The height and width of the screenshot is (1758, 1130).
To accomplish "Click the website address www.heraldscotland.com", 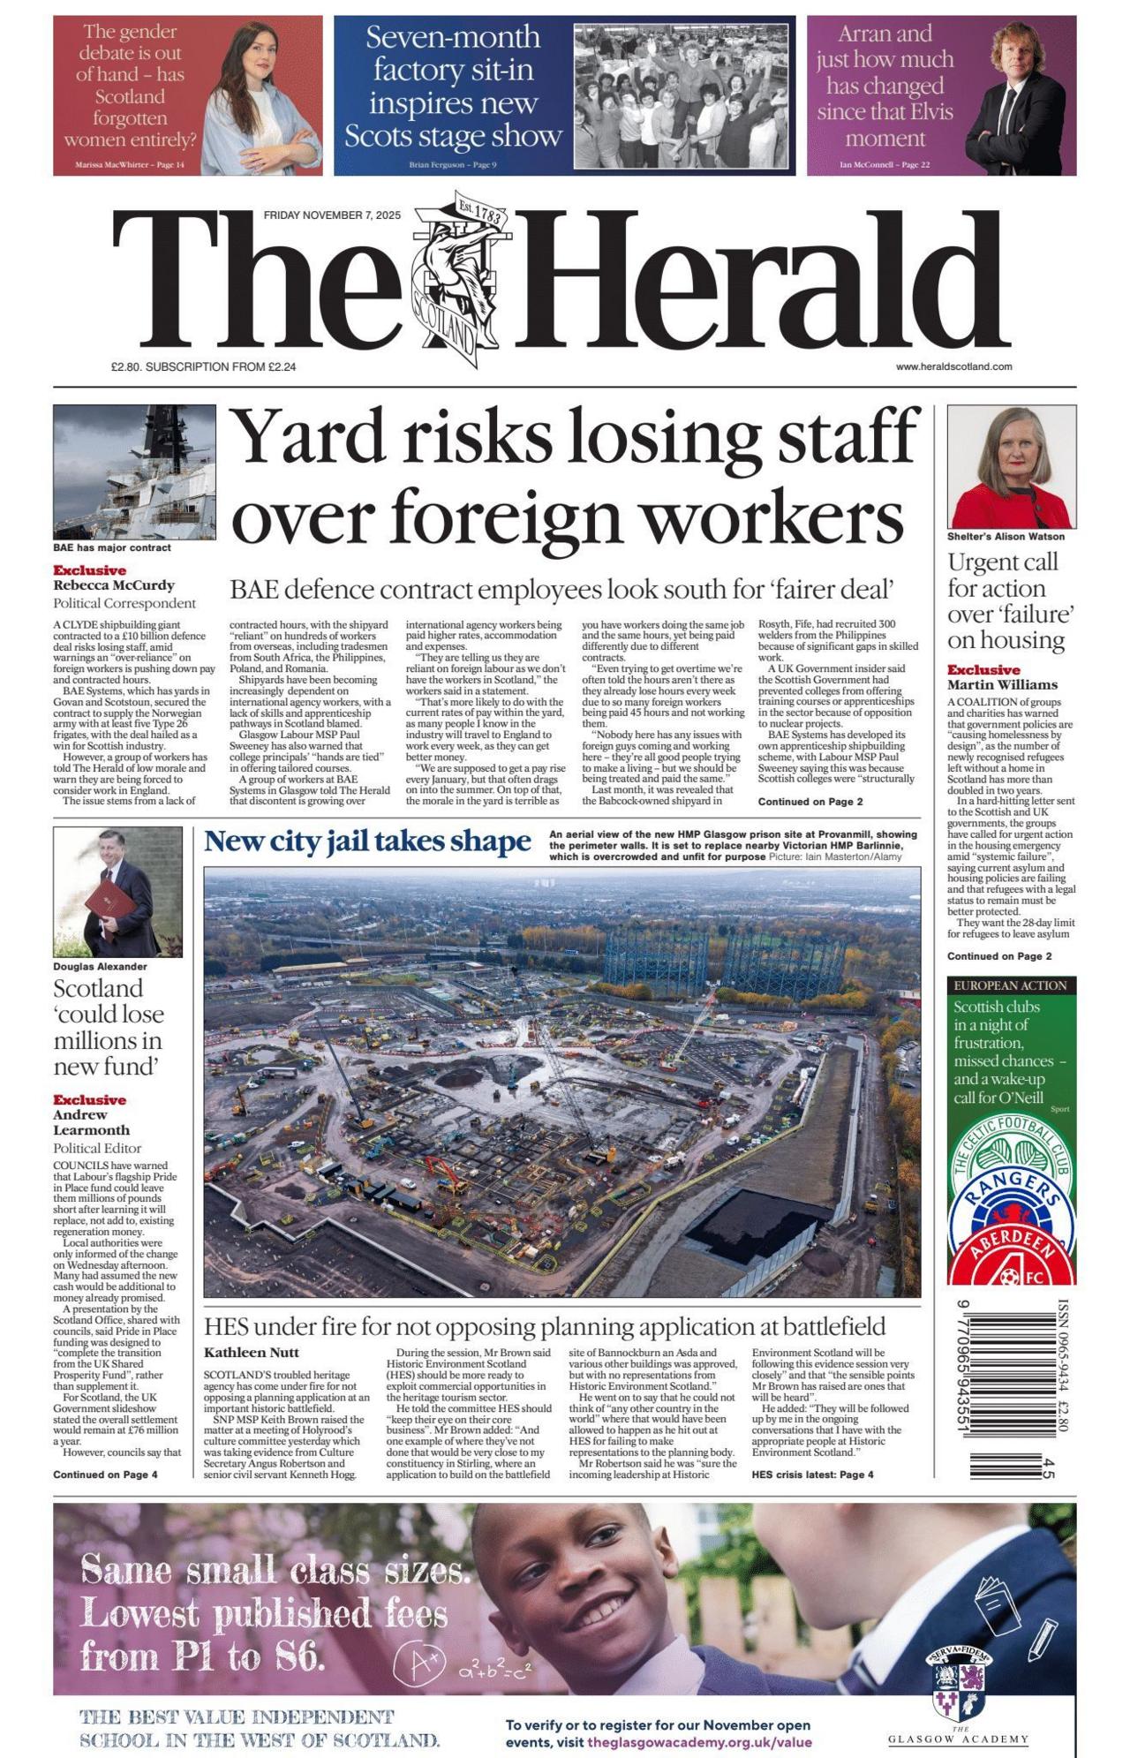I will (x=953, y=366).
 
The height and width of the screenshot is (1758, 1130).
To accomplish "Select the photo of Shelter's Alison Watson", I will (x=1011, y=466).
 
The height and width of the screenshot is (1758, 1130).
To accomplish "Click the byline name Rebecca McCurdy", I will (x=114, y=585).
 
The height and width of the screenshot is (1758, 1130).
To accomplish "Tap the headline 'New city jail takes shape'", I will (x=367, y=841).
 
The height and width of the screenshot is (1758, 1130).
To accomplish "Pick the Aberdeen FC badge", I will (x=1011, y=1254).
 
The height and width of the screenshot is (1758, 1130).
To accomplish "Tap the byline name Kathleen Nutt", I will (x=252, y=1352).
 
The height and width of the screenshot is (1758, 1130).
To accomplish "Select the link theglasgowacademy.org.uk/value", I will (x=699, y=1742).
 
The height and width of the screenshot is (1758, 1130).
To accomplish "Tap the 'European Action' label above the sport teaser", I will (x=1010, y=985).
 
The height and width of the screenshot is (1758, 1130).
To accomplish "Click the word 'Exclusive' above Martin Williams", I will (x=983, y=669).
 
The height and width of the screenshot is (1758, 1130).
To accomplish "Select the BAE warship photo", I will (x=134, y=472).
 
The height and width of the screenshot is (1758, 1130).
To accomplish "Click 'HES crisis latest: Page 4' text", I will (x=812, y=1475).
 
